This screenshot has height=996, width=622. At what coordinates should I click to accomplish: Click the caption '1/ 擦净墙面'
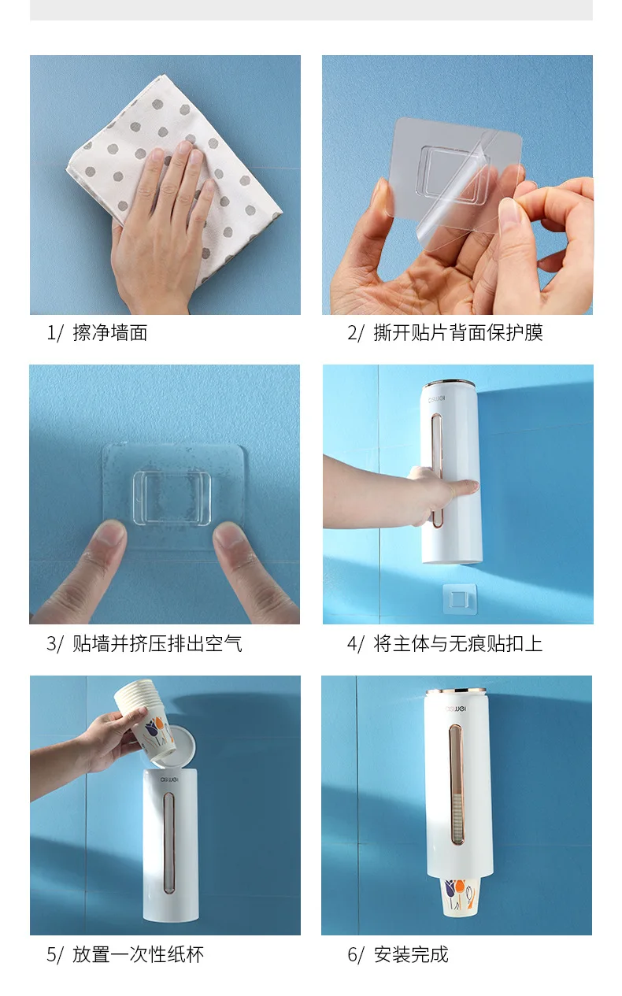click(97, 333)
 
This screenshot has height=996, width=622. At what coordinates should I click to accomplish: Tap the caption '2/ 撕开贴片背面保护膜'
click(445, 333)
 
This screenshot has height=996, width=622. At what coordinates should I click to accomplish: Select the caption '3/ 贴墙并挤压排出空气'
click(144, 644)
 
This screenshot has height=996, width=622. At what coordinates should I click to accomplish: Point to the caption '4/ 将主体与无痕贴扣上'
click(445, 644)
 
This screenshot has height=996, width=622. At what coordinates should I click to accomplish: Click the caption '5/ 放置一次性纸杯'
click(125, 955)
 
